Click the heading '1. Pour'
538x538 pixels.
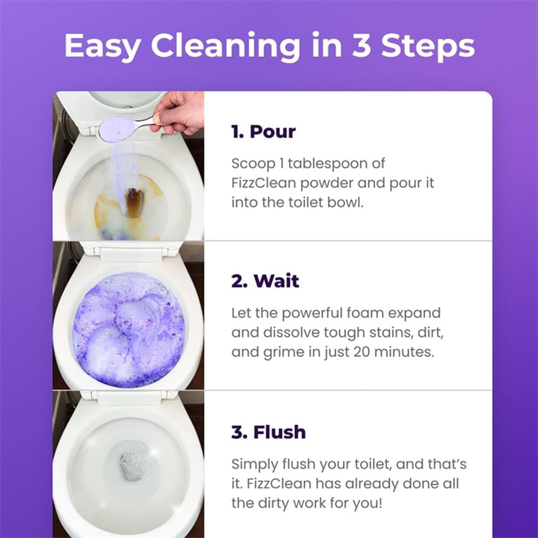[x=264, y=132]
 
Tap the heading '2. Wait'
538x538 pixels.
[x=265, y=281]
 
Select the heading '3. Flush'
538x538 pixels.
[x=269, y=432]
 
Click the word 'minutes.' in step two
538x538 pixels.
[x=406, y=352]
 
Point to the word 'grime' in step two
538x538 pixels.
[x=282, y=352]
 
